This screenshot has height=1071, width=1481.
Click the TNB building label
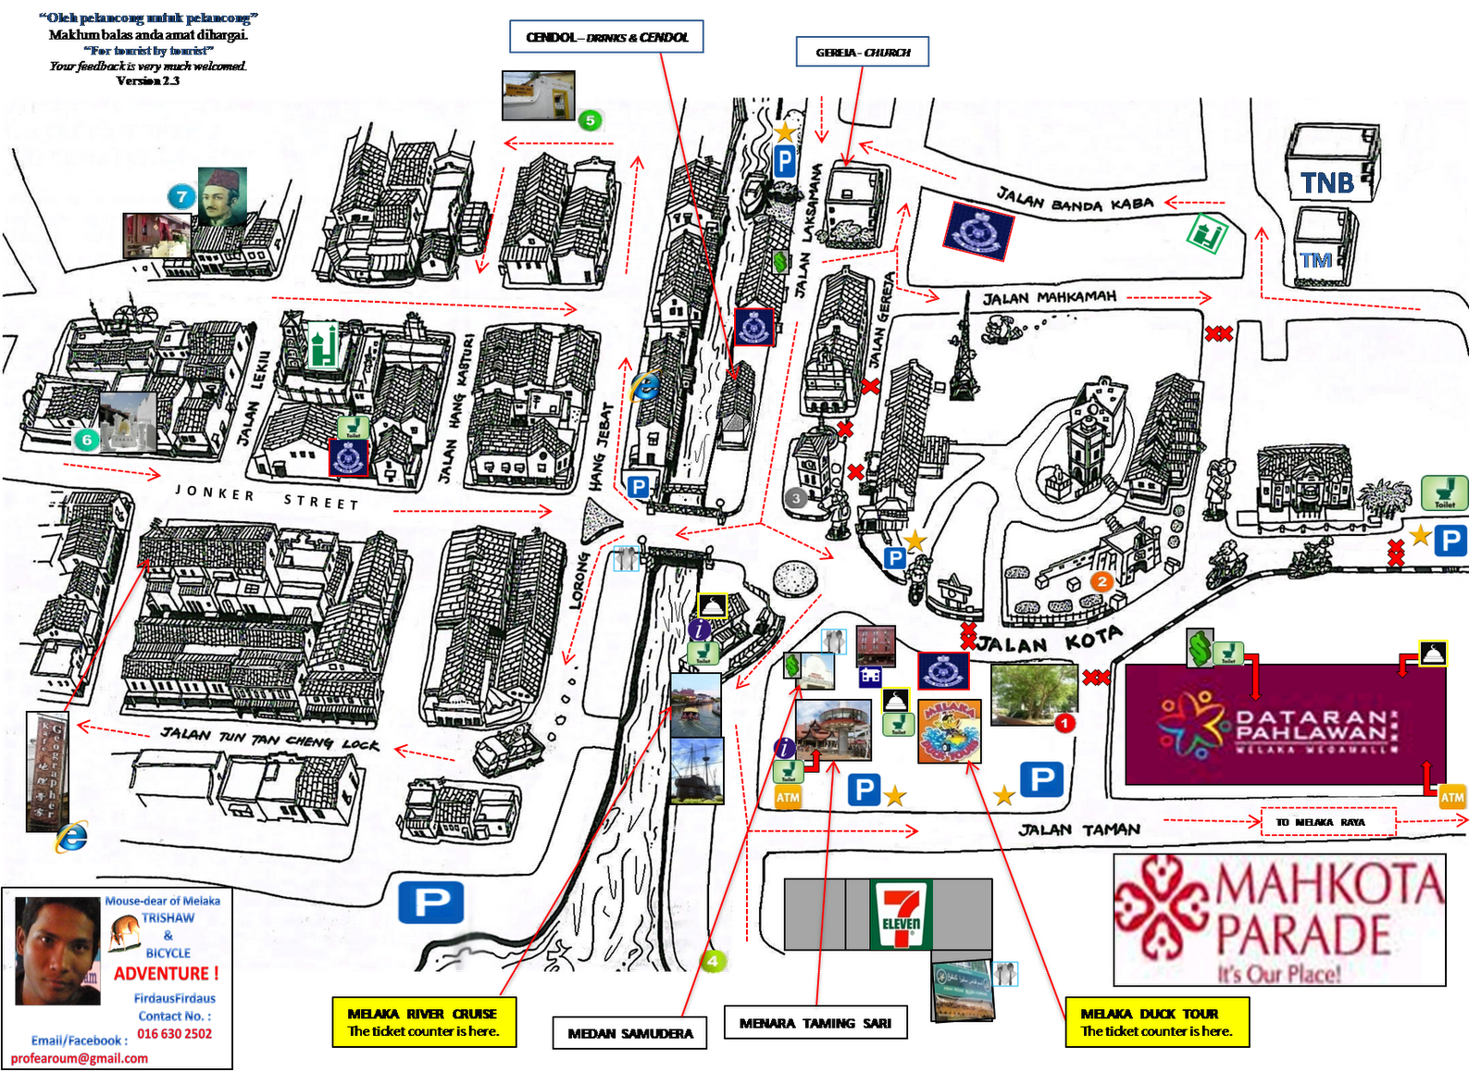pyautogui.click(x=1327, y=183)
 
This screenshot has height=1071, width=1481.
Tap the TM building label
pyautogui.click(x=1316, y=261)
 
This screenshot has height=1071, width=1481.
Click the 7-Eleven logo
pyautogui.click(x=901, y=915)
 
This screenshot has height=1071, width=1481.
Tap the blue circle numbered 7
pyautogui.click(x=181, y=196)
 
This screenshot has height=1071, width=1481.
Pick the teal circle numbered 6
pyautogui.click(x=87, y=440)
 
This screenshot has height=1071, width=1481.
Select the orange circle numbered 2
pyautogui.click(x=1101, y=581)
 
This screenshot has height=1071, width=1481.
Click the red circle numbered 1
pyautogui.click(x=1065, y=722)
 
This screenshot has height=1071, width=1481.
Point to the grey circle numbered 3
pyautogui.click(x=795, y=498)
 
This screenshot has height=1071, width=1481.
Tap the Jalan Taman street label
pyautogui.click(x=1079, y=829)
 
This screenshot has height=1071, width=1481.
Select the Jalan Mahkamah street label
pyautogui.click(x=1050, y=298)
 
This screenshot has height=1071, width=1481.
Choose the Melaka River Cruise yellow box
pyautogui.click(x=423, y=1022)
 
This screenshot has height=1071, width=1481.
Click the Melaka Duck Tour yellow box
pyautogui.click(x=1157, y=1022)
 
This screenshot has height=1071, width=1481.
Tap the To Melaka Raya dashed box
pyautogui.click(x=1328, y=822)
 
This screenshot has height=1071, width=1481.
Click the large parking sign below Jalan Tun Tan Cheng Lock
pyautogui.click(x=431, y=903)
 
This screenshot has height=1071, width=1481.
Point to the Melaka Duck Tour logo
pyautogui.click(x=950, y=731)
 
